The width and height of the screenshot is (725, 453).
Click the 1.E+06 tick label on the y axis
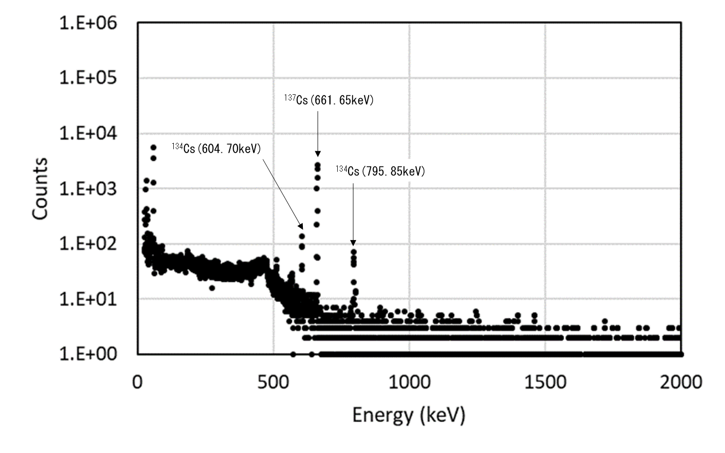pyautogui.click(x=88, y=23)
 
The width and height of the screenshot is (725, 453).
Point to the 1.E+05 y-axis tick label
pyautogui.click(x=88, y=78)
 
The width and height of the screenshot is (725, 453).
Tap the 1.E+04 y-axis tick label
pyautogui.click(x=88, y=133)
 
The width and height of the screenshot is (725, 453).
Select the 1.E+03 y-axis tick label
pyautogui.click(x=88, y=188)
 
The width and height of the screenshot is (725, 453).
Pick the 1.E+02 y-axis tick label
pyautogui.click(x=88, y=243)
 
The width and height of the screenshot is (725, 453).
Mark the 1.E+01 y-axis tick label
pyautogui.click(x=88, y=299)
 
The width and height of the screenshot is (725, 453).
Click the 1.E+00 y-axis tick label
pyautogui.click(x=88, y=354)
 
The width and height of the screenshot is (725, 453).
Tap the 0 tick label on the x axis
pyautogui.click(x=137, y=382)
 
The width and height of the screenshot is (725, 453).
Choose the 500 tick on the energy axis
pyautogui.click(x=273, y=382)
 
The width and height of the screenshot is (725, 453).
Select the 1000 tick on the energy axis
pyautogui.click(x=409, y=382)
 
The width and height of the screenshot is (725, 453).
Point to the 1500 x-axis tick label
pyautogui.click(x=545, y=382)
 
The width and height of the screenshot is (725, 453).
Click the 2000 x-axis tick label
pyautogui.click(x=681, y=382)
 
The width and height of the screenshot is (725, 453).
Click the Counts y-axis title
pyautogui.click(x=40, y=189)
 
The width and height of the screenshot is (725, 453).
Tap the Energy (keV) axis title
pyautogui.click(x=408, y=416)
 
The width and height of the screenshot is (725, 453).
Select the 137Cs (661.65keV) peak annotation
pyautogui.click(x=328, y=100)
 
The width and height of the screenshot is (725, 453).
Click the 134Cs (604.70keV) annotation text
pyautogui.click(x=216, y=148)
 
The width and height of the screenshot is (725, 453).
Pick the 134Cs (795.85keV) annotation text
pyautogui.click(x=380, y=171)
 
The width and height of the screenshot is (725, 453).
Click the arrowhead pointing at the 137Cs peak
pyautogui.click(x=318, y=154)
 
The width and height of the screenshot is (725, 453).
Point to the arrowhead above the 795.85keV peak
pyautogui.click(x=353, y=242)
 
